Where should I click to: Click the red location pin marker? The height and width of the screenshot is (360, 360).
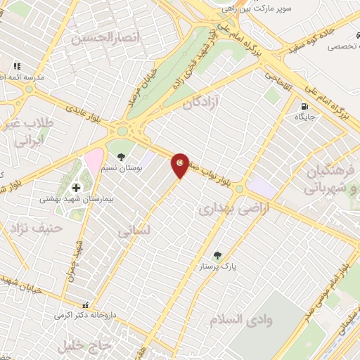181,165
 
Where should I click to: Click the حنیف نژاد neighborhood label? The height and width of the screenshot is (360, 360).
33,228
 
